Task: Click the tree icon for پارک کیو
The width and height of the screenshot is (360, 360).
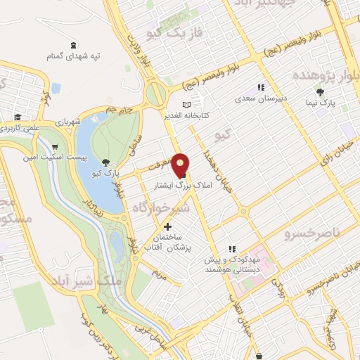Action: [x=105, y=162]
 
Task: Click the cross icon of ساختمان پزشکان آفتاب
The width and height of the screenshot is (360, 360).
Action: [x=167, y=227]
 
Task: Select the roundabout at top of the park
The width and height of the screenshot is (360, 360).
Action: [x=155, y=93]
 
